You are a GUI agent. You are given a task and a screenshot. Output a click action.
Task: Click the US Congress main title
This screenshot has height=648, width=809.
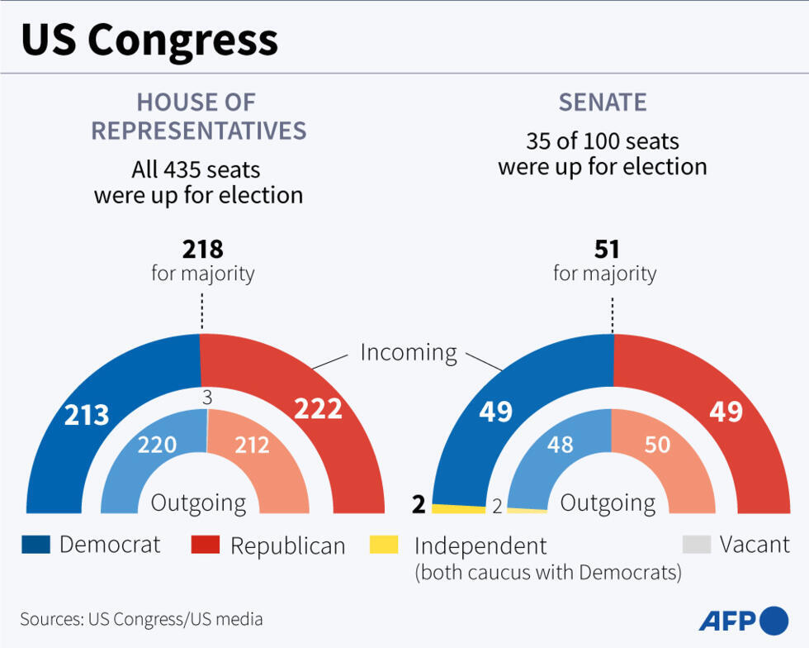pos(149,40)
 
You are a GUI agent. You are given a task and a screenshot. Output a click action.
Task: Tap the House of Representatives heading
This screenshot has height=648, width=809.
pos(198,117)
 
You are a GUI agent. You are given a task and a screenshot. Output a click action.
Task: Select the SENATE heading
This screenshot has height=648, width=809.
pos(603,102)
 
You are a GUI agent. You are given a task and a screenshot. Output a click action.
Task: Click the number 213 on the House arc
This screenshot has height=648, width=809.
pos(88,413)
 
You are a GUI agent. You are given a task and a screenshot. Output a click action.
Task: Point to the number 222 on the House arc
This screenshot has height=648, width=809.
pos(319,408)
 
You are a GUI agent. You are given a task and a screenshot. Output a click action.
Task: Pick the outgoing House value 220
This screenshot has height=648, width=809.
pos(157,445)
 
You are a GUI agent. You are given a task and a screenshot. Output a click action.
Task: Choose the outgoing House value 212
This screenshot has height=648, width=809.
pos(252,445)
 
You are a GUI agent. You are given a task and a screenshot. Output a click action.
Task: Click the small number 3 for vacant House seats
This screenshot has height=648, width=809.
pos(207,398)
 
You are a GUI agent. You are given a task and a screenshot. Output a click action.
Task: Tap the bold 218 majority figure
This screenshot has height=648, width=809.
pos(202,249)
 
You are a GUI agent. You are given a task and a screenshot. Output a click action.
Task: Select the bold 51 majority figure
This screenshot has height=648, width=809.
pos(606,249)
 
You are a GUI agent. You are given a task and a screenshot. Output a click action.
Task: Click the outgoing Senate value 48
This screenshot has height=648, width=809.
pos(561,445)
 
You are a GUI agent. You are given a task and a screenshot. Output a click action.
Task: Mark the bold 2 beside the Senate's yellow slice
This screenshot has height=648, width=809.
pos(419,505)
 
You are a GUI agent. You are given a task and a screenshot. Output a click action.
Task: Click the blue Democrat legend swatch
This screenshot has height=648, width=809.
pos(35,545)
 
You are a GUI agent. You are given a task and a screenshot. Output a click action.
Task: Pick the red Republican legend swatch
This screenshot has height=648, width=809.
pos(206,545)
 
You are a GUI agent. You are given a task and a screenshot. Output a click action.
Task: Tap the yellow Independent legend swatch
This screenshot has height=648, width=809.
pos(383,545)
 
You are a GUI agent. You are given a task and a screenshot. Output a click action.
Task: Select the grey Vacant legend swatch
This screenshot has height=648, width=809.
pos(697,545)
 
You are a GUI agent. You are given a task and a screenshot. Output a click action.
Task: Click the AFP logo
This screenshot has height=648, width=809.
pos(744,620)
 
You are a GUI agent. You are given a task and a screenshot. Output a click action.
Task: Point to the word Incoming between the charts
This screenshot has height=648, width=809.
pos(408,352)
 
